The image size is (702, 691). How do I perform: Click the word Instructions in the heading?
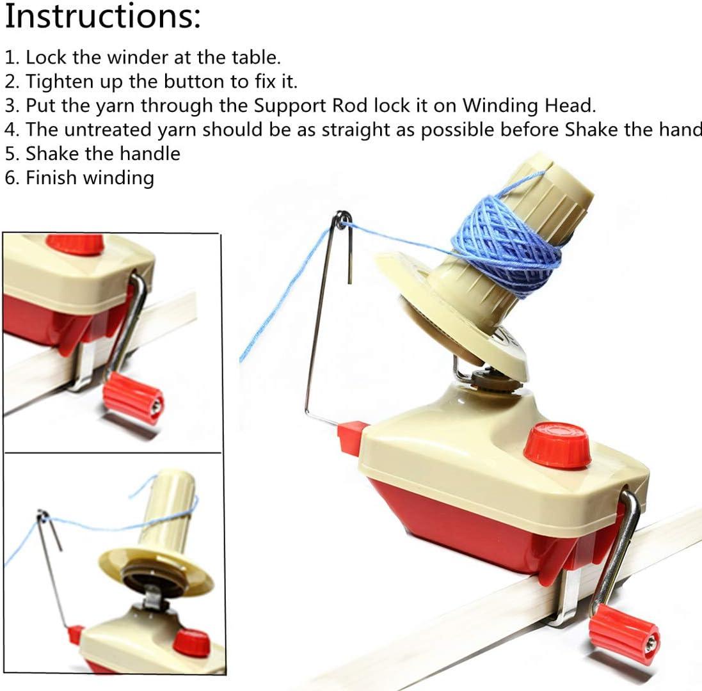(x=102, y=17)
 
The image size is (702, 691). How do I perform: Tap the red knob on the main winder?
(x=557, y=445)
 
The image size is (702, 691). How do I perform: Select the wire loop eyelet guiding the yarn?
(x=344, y=219)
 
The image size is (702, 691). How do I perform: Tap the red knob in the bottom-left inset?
(x=191, y=642)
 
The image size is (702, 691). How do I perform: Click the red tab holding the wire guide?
(x=352, y=438)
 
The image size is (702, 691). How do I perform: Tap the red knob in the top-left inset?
(x=75, y=244)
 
